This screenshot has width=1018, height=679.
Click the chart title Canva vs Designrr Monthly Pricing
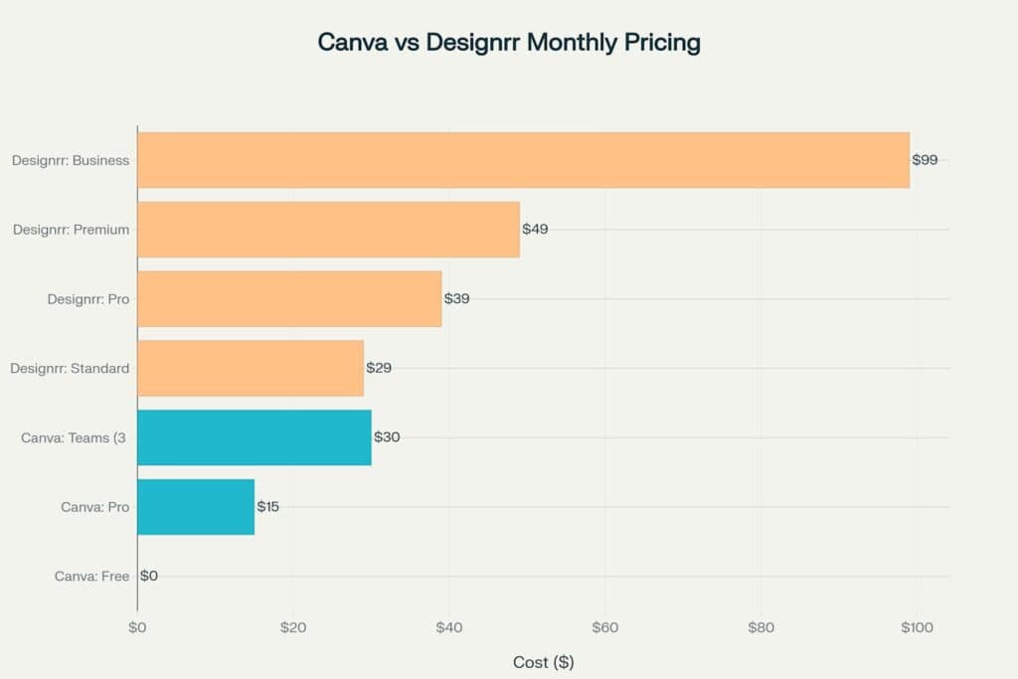coord(508,43)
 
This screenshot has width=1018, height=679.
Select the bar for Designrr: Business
coord(523,160)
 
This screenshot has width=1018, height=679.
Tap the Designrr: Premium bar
coord(328,230)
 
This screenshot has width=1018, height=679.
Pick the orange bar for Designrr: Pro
coord(289,298)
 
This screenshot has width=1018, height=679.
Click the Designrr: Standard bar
coord(251,368)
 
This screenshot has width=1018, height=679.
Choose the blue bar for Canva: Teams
coord(254,437)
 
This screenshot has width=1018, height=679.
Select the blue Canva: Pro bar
coord(196,507)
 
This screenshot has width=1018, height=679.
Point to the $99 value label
coord(925,160)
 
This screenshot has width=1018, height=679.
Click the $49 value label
coord(535,230)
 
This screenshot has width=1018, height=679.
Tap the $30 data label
coord(387,437)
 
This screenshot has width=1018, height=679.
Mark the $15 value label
coord(268,507)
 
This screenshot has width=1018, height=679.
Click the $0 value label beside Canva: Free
coord(149,576)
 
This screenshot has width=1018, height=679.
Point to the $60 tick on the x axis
coord(604,627)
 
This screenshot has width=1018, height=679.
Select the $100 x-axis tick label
coord(917,627)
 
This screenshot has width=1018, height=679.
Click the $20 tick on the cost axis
coord(292,627)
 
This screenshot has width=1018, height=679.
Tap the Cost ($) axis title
coord(543,662)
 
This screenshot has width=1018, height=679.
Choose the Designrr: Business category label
coord(71,160)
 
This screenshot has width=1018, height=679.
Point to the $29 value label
coord(379,368)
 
